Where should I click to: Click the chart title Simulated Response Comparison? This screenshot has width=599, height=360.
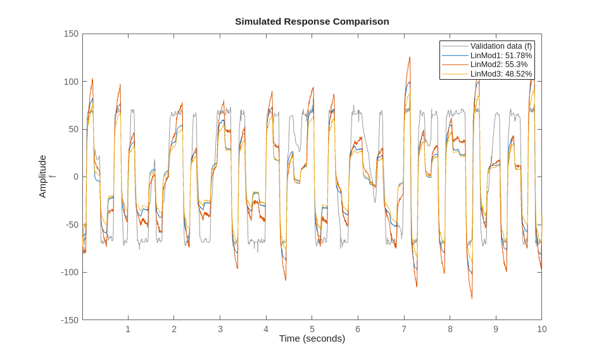coord(312,22)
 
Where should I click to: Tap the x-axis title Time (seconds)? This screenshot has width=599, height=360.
coord(312,338)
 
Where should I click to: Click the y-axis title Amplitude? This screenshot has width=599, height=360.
coord(42,177)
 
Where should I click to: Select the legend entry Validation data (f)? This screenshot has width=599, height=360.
coord(500,46)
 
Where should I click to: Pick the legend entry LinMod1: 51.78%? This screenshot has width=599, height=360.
coord(500,56)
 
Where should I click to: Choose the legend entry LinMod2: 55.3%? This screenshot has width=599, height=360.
coord(498,65)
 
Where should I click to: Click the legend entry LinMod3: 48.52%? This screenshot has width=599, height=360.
coord(500,74)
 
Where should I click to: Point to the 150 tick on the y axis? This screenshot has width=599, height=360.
coord(71,34)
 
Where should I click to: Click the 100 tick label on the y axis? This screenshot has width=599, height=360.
coord(71,82)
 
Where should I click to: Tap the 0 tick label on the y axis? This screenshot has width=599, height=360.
coord(76,177)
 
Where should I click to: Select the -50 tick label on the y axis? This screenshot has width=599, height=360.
coord(71,225)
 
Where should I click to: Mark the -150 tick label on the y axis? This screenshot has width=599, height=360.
coord(70,320)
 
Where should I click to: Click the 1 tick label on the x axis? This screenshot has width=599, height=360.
coord(128,329)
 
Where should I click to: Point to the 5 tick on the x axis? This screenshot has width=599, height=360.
coord(312,329)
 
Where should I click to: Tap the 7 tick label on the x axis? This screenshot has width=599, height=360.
coord(403,329)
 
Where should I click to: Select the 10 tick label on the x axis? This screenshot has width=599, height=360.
coord(541,329)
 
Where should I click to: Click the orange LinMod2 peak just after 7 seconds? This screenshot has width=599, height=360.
coord(409,58)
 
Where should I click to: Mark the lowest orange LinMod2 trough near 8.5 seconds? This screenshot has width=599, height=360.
coord(471,297)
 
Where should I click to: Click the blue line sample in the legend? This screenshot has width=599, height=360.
coord(455,56)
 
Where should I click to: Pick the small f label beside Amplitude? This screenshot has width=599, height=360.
coord(53,177)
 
